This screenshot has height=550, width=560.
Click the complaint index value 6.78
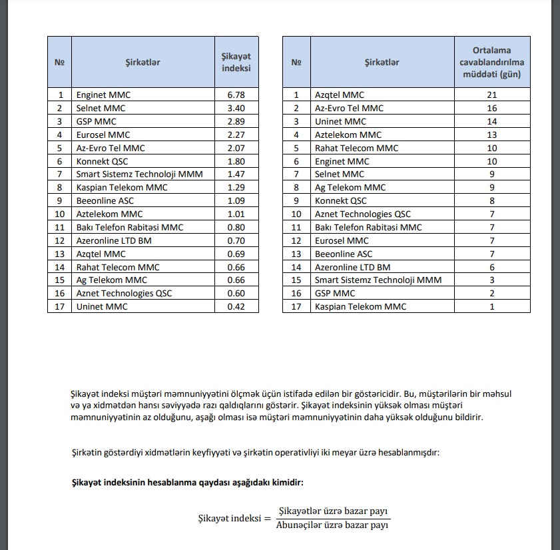(x=236, y=95)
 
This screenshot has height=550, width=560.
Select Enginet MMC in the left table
(x=103, y=95)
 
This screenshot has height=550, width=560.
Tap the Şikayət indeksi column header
(x=236, y=63)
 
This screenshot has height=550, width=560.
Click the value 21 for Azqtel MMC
(x=492, y=95)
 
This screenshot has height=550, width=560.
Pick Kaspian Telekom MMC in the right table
(x=360, y=306)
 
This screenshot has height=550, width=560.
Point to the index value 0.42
(x=236, y=306)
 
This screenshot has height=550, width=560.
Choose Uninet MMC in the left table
(x=101, y=306)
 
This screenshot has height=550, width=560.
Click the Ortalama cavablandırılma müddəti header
(x=492, y=63)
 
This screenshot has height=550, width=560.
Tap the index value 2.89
(x=236, y=121)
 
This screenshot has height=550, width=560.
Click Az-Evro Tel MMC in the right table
(x=349, y=108)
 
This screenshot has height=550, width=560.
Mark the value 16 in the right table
(x=492, y=108)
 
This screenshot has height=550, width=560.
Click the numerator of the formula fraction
(x=334, y=511)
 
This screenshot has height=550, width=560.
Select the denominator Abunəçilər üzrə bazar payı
(x=332, y=525)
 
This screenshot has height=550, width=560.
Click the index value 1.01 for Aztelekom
(x=236, y=214)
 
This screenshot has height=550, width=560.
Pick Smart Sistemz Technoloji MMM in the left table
(x=139, y=174)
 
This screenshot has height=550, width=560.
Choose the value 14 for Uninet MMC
(x=492, y=121)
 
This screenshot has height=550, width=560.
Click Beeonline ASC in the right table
(x=344, y=254)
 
